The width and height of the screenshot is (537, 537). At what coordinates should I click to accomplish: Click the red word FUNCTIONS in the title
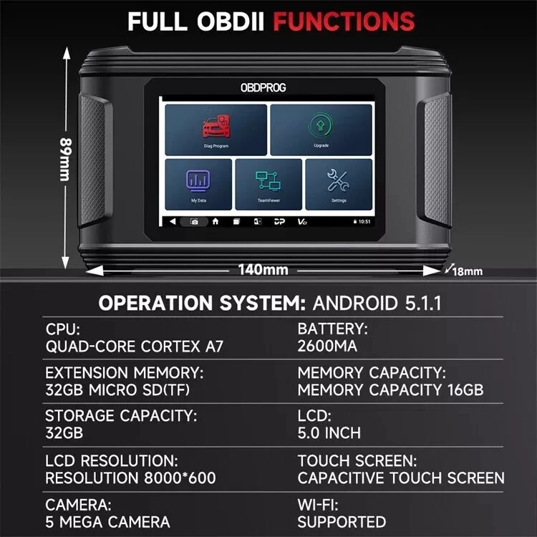coord(345,21)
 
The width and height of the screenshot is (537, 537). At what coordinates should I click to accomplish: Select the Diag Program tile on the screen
coord(216,130)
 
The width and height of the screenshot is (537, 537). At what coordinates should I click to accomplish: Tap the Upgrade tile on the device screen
coord(321,130)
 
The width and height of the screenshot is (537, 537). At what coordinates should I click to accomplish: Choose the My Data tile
coord(198,184)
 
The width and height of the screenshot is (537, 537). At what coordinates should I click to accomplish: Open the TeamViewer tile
coord(268,184)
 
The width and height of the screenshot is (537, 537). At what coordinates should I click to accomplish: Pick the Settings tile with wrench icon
coord(339,184)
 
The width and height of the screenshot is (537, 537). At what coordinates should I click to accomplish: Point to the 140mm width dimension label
coord(263,270)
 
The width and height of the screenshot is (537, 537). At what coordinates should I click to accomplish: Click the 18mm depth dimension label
coord(468,271)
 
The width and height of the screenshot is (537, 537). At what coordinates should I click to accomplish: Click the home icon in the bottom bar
coord(215,222)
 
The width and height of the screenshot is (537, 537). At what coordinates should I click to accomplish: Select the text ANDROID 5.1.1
coord(377,303)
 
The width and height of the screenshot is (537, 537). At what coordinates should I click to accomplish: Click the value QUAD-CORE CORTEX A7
coord(135,347)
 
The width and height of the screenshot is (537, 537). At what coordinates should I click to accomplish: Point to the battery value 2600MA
coord(327,347)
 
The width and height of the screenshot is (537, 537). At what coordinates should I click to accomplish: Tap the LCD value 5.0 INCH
coord(329,433)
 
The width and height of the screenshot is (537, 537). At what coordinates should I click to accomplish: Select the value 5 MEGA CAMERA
coord(107,521)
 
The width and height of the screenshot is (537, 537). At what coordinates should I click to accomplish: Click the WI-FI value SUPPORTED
coord(342,521)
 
